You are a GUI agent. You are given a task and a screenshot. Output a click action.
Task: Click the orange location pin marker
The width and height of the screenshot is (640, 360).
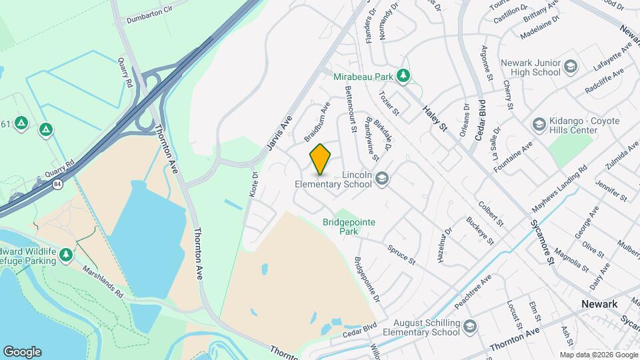pyautogui.click(x=320, y=159)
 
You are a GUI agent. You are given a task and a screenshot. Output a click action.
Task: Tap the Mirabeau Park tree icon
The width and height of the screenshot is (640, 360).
pyautogui.click(x=403, y=77)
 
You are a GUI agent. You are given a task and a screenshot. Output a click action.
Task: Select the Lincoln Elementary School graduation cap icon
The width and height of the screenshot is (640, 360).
pyautogui.click(x=382, y=178)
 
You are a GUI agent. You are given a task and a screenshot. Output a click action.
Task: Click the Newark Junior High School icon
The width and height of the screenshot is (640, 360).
pyautogui.click(x=570, y=67)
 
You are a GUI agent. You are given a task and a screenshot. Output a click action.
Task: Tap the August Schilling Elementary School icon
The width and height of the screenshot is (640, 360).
pyautogui.click(x=471, y=327)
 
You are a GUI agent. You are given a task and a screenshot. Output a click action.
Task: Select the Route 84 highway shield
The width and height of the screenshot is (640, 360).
pyautogui.click(x=59, y=184)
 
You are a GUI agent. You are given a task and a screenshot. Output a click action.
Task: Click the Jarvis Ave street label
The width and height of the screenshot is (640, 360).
pyautogui.click(x=280, y=132)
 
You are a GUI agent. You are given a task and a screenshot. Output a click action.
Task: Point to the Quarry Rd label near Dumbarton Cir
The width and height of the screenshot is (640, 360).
pyautogui.click(x=124, y=71)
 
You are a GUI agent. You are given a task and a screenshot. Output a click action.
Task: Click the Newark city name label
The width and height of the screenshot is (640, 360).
pyautogui.click(x=599, y=304)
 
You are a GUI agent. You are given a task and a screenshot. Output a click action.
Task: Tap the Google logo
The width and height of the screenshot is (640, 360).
pyautogui.click(x=22, y=351)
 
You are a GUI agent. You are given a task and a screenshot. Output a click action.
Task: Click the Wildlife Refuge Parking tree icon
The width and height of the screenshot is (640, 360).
pyautogui.click(x=65, y=254)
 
